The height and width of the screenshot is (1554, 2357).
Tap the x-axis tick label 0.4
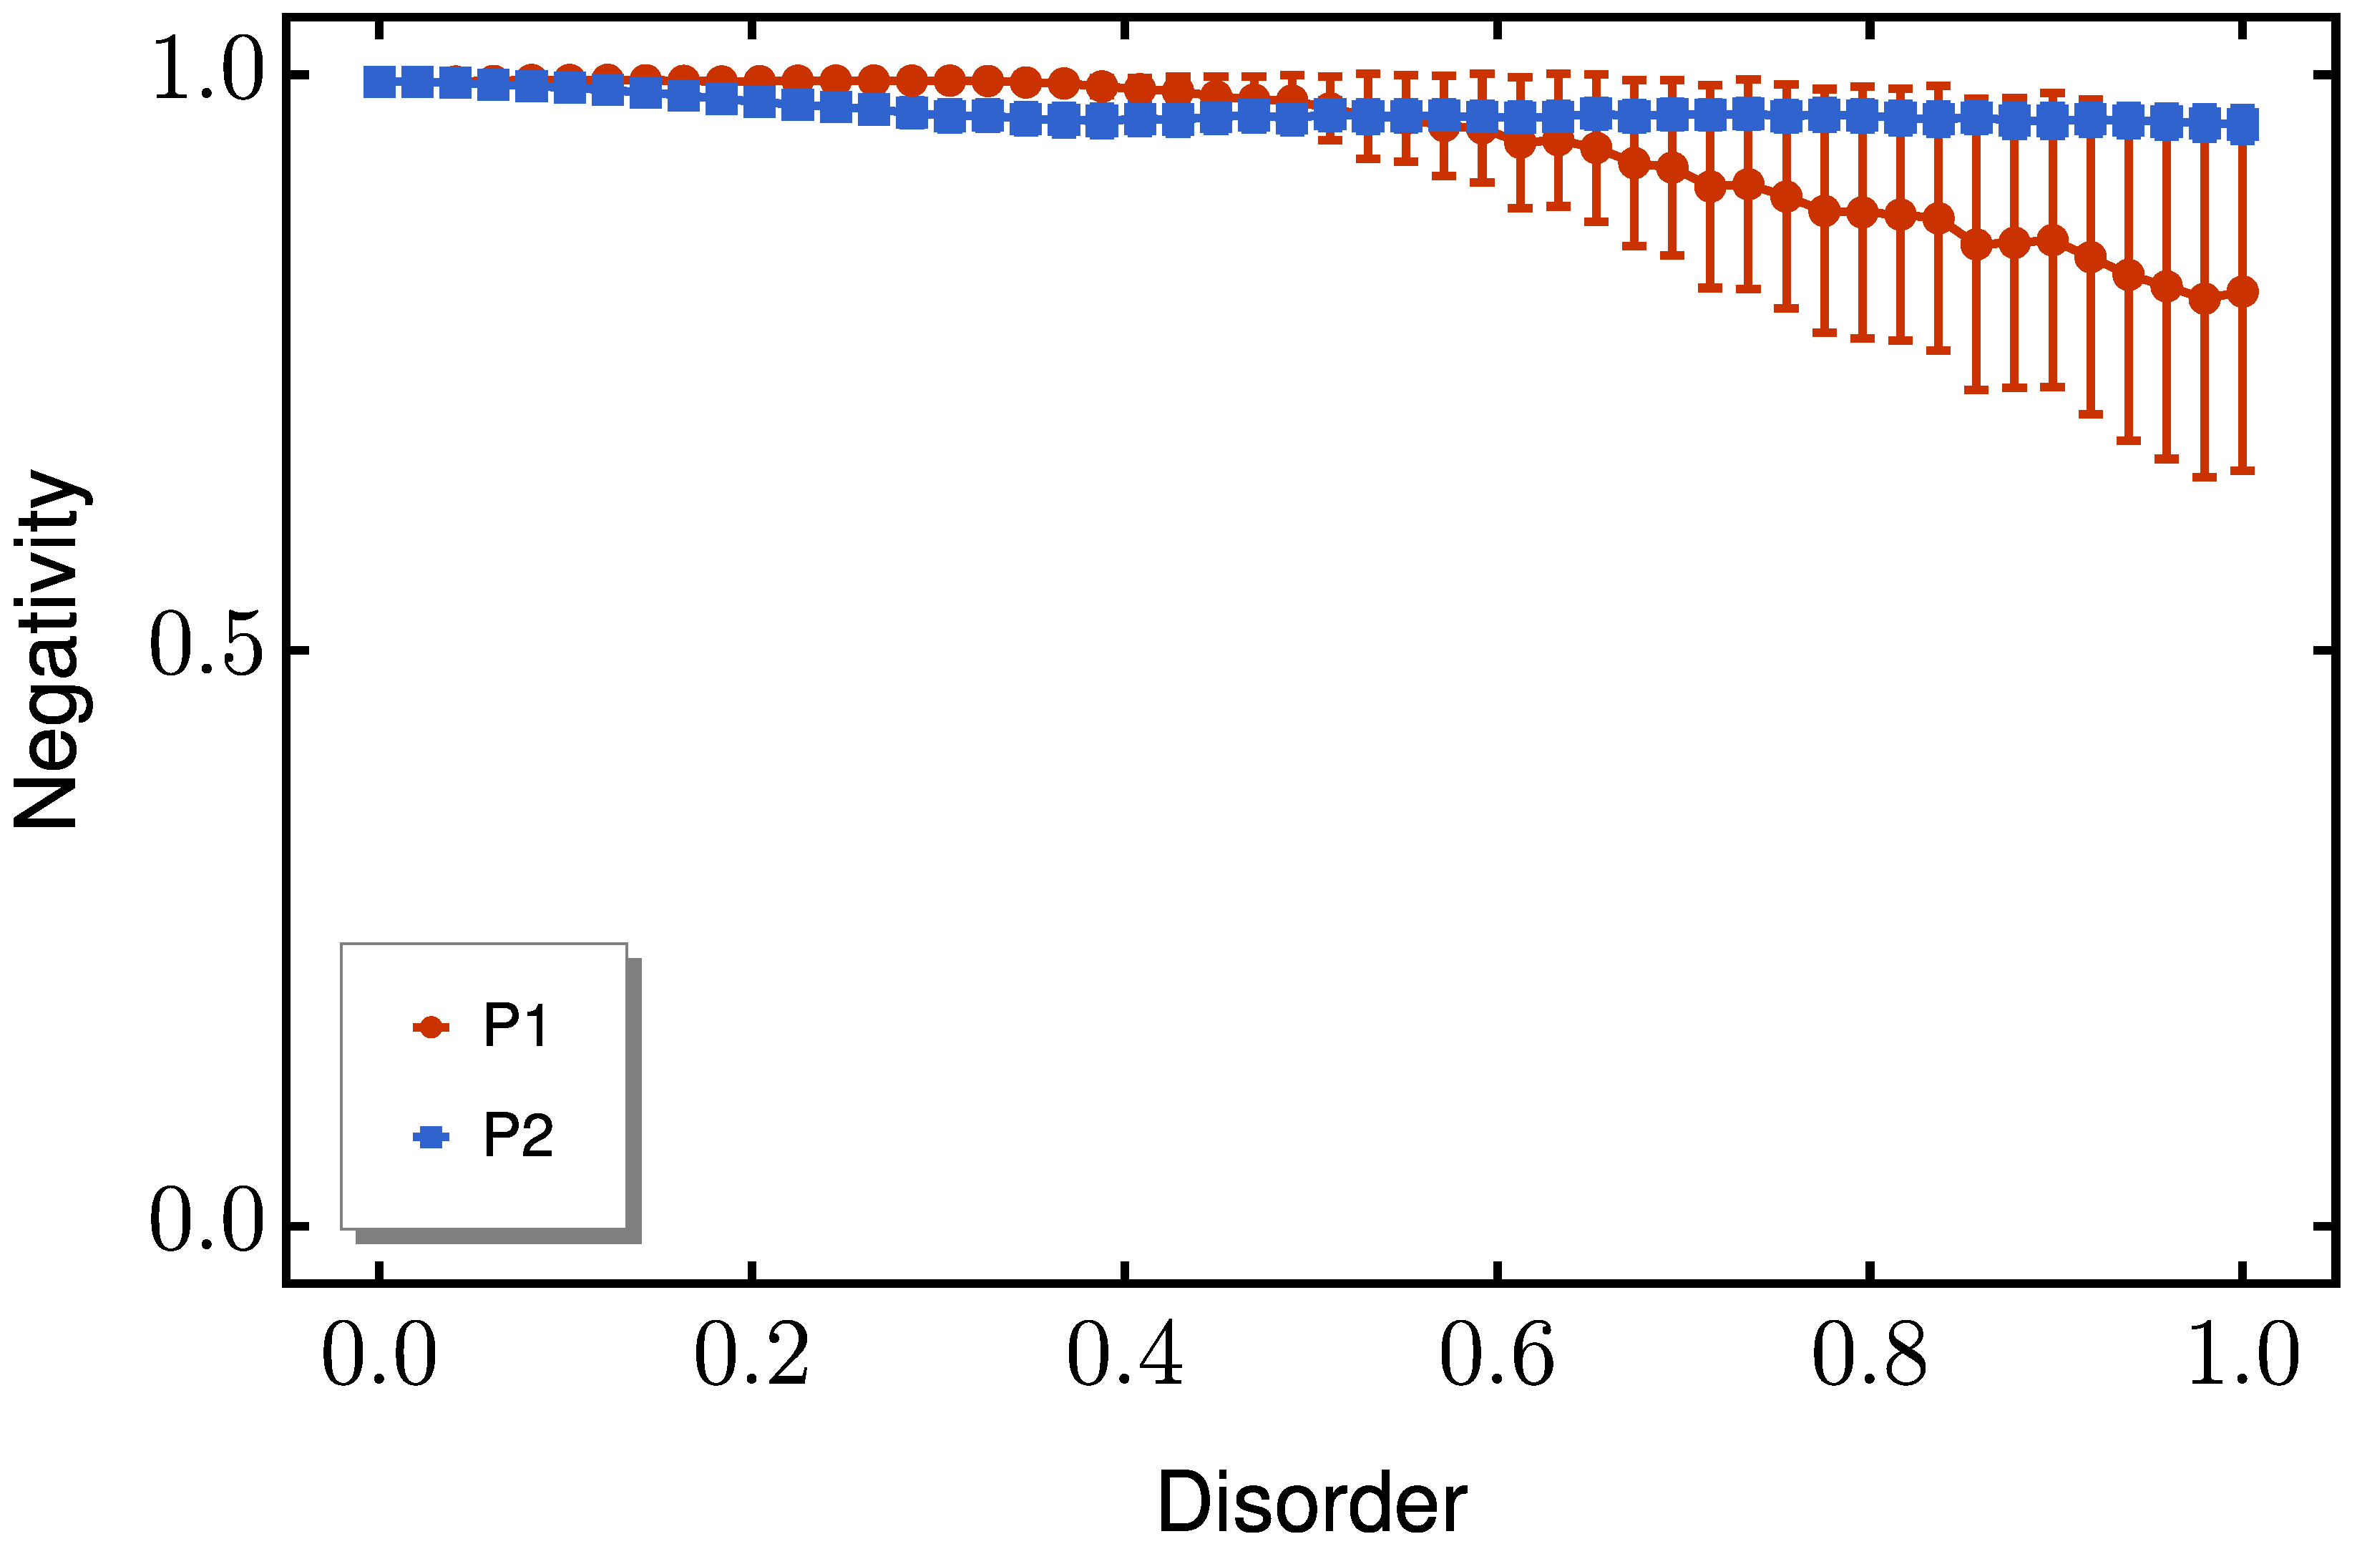1124,1356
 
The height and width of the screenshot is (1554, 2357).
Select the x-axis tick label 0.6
1497,1356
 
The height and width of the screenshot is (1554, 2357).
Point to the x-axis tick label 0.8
1869,1356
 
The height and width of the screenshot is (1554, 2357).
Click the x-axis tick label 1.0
2242,1356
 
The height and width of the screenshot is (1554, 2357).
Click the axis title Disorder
1312,1503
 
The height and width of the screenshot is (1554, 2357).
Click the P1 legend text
515,1027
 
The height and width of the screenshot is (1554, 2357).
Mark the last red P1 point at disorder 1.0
2242,291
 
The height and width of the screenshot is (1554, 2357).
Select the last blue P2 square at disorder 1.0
2242,126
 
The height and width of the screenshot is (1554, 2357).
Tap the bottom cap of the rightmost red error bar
2242,471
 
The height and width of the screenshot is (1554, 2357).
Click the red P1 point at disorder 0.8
1863,211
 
